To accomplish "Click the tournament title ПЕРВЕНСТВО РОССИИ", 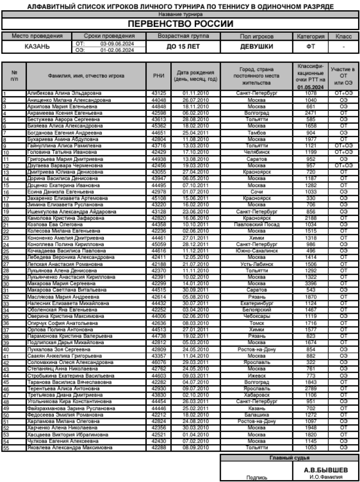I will click(x=180, y=24).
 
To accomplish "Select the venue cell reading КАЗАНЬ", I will click(x=36, y=47).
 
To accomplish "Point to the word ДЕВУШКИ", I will click(x=256, y=47).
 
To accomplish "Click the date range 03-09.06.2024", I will click(x=116, y=44).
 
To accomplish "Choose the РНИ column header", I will click(x=158, y=75).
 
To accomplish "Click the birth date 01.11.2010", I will click(x=196, y=93).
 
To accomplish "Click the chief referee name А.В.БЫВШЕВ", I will click(x=325, y=470).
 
